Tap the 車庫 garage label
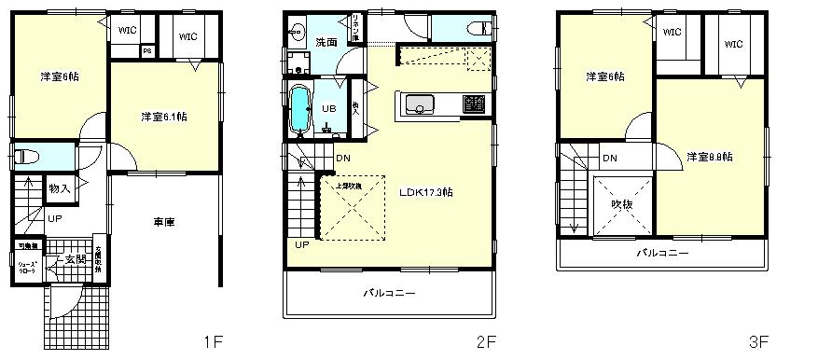pyautogui.click(x=165, y=222)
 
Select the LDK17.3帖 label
pyautogui.click(x=426, y=192)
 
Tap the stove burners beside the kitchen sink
pyautogui.click(x=475, y=104)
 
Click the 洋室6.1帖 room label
pyautogui.click(x=164, y=117)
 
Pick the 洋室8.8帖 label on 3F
pyautogui.click(x=709, y=157)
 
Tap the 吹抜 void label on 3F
pyautogui.click(x=622, y=203)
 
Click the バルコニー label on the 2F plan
pyautogui.click(x=388, y=293)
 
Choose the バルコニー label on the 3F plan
pyautogui.click(x=662, y=253)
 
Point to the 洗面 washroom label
pyautogui.click(x=326, y=43)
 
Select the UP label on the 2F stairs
pyautogui.click(x=301, y=245)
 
